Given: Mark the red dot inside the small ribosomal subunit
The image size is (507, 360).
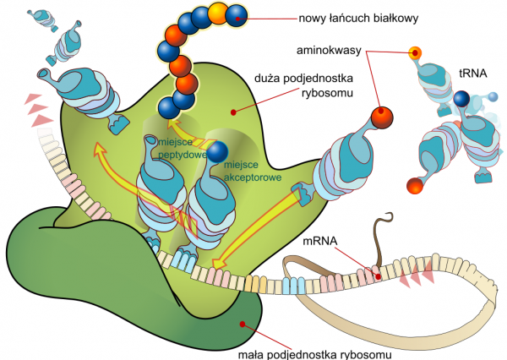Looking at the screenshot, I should coord(243,322).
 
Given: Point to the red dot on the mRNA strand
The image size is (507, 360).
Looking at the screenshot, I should coord(379,275).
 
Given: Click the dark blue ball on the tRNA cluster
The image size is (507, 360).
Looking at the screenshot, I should coord(461,101).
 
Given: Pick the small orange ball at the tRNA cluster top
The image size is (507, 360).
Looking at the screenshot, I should coord(415,53).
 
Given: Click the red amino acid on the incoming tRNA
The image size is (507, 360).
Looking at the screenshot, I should coord(381,114).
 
